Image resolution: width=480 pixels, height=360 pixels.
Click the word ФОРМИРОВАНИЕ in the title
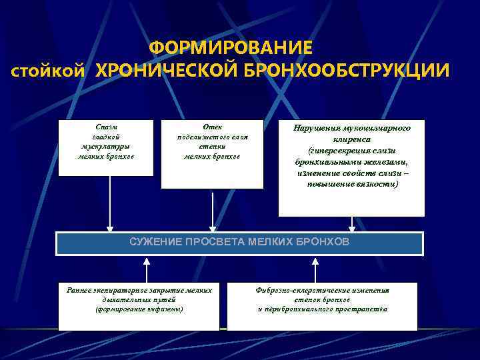(230, 48)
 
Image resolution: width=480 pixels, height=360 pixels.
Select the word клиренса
(351, 141)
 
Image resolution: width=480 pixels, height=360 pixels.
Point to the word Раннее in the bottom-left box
(81, 290)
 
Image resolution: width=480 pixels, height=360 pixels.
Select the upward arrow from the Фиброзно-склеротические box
(313, 270)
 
